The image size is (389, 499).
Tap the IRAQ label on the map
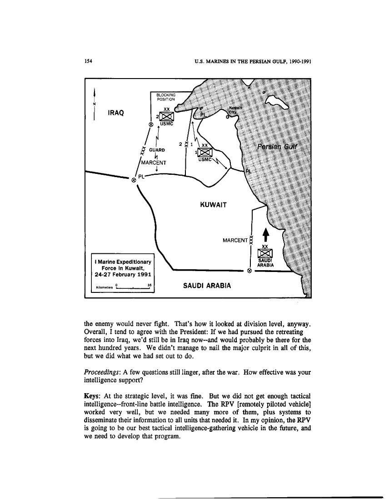(116, 112)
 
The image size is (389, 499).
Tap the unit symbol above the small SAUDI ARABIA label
(264, 252)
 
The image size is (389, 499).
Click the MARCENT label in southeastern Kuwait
(235, 239)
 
